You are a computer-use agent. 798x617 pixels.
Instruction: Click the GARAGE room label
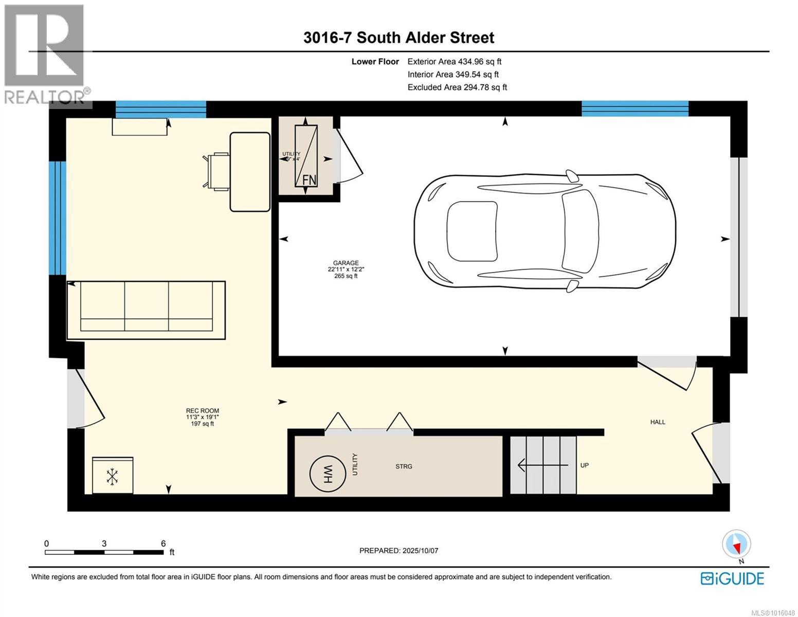pos(346,263)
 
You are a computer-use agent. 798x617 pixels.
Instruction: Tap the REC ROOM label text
pos(202,411)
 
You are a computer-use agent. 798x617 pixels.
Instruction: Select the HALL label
pos(658,422)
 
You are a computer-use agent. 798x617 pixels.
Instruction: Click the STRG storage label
pos(404,466)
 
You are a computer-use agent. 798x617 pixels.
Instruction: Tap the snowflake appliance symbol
pos(112,476)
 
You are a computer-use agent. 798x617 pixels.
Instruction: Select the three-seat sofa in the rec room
pos(147,310)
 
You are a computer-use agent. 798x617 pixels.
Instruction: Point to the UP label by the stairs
pos(584,465)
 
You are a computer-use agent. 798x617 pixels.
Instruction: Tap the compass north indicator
pos(736,545)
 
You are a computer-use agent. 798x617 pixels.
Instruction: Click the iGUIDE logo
pos(732,578)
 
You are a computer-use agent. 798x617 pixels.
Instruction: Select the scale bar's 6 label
pos(163,543)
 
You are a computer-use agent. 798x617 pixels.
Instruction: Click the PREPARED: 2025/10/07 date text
pos(398,551)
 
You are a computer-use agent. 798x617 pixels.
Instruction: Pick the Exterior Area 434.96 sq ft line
pos(455,62)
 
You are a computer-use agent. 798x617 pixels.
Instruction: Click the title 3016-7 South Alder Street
pos(398,38)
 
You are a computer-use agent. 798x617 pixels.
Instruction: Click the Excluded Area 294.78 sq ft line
pos(457,87)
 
